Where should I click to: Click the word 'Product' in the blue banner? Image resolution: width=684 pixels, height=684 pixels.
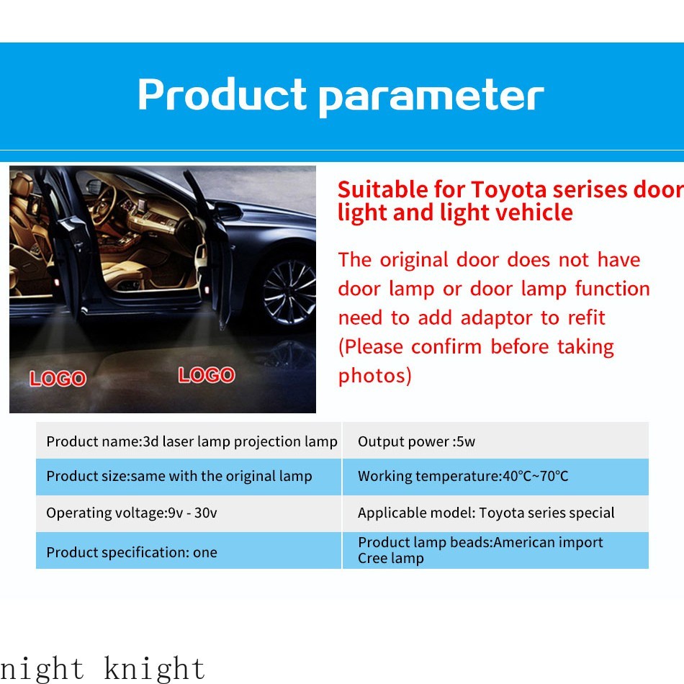(x=222, y=96)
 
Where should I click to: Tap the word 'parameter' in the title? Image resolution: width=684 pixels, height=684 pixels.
(x=431, y=97)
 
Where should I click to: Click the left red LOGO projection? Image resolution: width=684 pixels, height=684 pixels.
(x=58, y=379)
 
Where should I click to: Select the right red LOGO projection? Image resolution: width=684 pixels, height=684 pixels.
(x=207, y=375)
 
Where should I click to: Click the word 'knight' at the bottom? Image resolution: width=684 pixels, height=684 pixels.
(x=154, y=669)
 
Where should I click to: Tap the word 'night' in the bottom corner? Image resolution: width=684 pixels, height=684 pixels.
(x=42, y=669)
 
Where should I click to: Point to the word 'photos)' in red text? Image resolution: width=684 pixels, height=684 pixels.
(x=375, y=376)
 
